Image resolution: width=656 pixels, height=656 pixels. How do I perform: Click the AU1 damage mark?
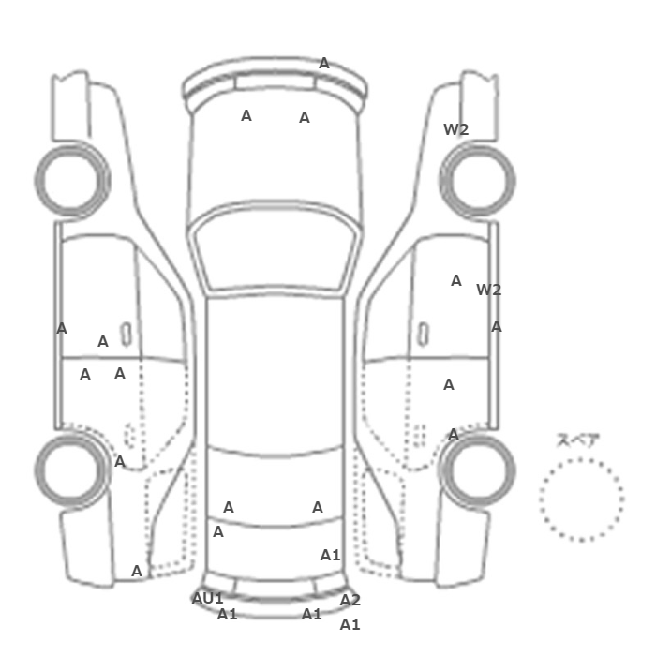[x=207, y=598]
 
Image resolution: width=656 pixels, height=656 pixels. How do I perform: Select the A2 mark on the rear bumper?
[x=350, y=601]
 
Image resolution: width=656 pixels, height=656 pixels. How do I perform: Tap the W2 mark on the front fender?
[x=456, y=129]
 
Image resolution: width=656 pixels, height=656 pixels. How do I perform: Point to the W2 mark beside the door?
[x=488, y=290]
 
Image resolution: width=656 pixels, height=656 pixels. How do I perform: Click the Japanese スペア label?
[x=578, y=440]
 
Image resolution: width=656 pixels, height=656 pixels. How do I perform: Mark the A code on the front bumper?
[x=324, y=64]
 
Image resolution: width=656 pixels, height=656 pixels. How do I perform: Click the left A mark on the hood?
[x=246, y=116]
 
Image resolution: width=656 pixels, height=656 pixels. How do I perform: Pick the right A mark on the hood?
[x=305, y=118]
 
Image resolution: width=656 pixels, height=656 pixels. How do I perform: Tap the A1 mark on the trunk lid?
[x=331, y=556]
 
